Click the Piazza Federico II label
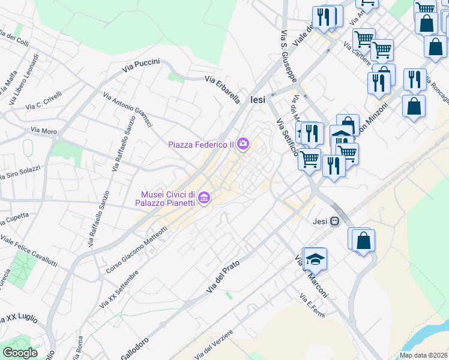click(200, 145)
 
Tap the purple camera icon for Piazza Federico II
click(243, 143)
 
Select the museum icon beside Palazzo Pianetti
click(204, 197)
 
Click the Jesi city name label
click(257, 101)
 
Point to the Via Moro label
click(43, 130)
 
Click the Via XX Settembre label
click(119, 290)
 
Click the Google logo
click(20, 353)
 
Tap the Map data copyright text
click(423, 355)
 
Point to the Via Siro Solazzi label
click(19, 175)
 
